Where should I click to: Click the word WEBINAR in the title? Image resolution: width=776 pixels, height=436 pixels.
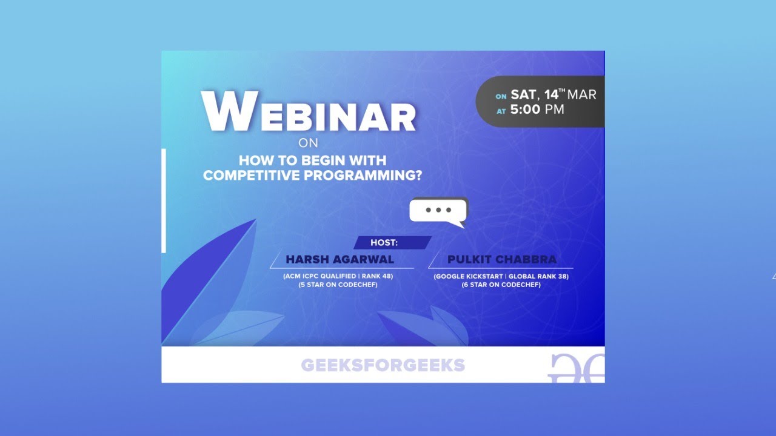click(x=309, y=112)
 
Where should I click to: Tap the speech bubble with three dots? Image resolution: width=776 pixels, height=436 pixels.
click(x=438, y=211)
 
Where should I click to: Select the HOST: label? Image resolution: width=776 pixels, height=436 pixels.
click(x=384, y=243)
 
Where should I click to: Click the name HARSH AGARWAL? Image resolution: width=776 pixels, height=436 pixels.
click(x=339, y=259)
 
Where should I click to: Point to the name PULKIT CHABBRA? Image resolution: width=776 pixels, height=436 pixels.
click(x=501, y=259)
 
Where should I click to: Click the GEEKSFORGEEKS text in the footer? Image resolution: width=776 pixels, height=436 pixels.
click(x=383, y=365)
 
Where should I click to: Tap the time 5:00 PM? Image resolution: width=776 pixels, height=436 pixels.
click(x=537, y=110)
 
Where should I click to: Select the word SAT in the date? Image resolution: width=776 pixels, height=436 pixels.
click(x=524, y=94)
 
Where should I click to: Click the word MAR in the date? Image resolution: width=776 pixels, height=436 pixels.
click(x=582, y=94)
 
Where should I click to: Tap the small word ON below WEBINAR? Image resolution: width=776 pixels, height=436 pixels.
click(x=308, y=144)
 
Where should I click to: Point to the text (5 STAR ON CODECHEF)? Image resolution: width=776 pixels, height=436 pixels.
click(x=338, y=285)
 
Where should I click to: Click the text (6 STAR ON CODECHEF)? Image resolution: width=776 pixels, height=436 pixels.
click(x=501, y=285)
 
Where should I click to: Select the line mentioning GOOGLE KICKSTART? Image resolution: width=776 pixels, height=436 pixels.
click(x=501, y=277)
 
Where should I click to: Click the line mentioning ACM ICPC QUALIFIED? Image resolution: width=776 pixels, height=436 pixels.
click(x=338, y=276)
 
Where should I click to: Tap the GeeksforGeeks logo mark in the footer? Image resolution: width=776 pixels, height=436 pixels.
click(x=576, y=367)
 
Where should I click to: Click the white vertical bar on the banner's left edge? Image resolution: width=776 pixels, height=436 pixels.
click(x=164, y=200)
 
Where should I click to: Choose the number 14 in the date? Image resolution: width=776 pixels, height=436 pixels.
click(x=551, y=94)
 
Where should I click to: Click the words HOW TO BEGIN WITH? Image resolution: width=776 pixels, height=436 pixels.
click(x=312, y=161)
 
